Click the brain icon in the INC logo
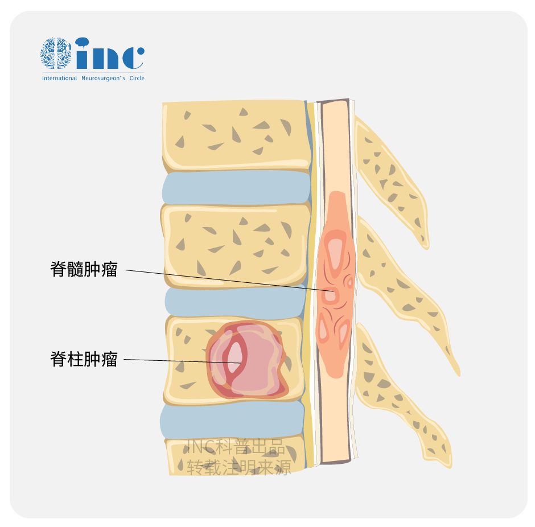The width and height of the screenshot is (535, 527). (56, 53)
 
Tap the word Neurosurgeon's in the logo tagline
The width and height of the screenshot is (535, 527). (103, 78)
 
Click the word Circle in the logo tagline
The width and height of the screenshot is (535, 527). (137, 78)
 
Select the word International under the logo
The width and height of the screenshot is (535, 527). (59, 78)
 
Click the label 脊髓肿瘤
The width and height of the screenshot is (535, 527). (84, 269)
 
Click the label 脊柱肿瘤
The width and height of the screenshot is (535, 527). (84, 359)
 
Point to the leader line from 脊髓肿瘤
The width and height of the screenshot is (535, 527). (229, 281)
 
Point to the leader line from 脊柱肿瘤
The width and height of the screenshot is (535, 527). (182, 361)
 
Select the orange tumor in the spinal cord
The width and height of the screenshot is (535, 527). (336, 285)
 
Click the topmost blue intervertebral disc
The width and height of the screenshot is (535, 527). (236, 187)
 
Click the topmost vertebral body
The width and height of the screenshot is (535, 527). (237, 136)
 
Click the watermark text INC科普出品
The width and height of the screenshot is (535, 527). (236, 447)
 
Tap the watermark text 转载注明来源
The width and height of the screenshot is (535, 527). (239, 467)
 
